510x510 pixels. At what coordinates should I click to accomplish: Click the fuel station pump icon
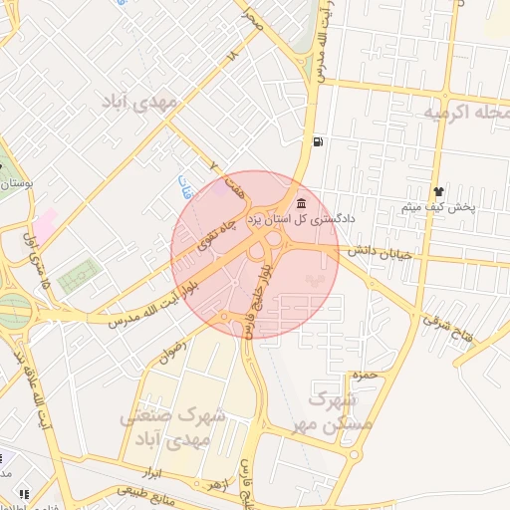click(318, 140)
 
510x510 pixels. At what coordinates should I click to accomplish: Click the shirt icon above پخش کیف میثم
click(437, 190)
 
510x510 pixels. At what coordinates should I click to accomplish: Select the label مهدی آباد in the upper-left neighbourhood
click(141, 102)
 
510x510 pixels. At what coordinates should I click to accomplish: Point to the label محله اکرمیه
click(466, 111)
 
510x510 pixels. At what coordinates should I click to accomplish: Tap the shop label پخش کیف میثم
click(438, 207)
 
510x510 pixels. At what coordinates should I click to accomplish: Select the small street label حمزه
click(364, 376)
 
